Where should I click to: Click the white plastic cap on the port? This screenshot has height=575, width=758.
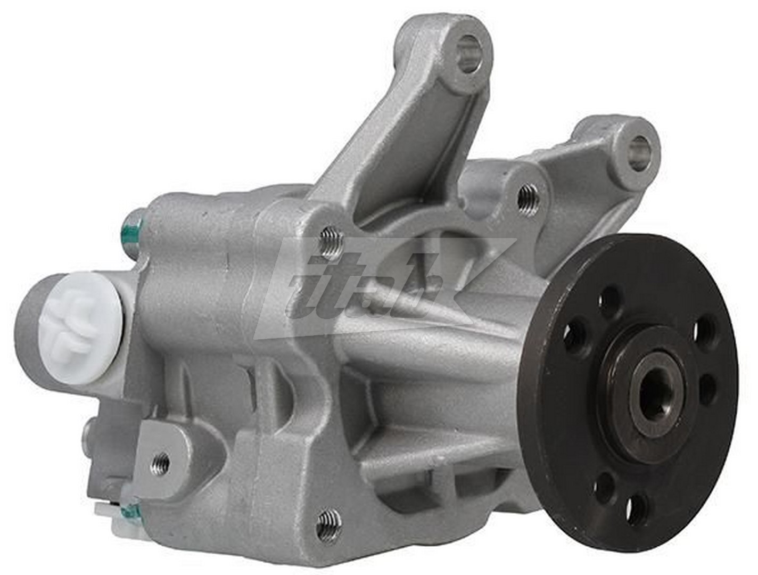pos(80,327)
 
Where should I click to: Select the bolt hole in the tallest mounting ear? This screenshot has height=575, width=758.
pos(468,53)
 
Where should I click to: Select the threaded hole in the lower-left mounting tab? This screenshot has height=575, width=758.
pos(160,463)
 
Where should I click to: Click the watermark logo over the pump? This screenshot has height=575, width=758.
pos(383,287)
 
